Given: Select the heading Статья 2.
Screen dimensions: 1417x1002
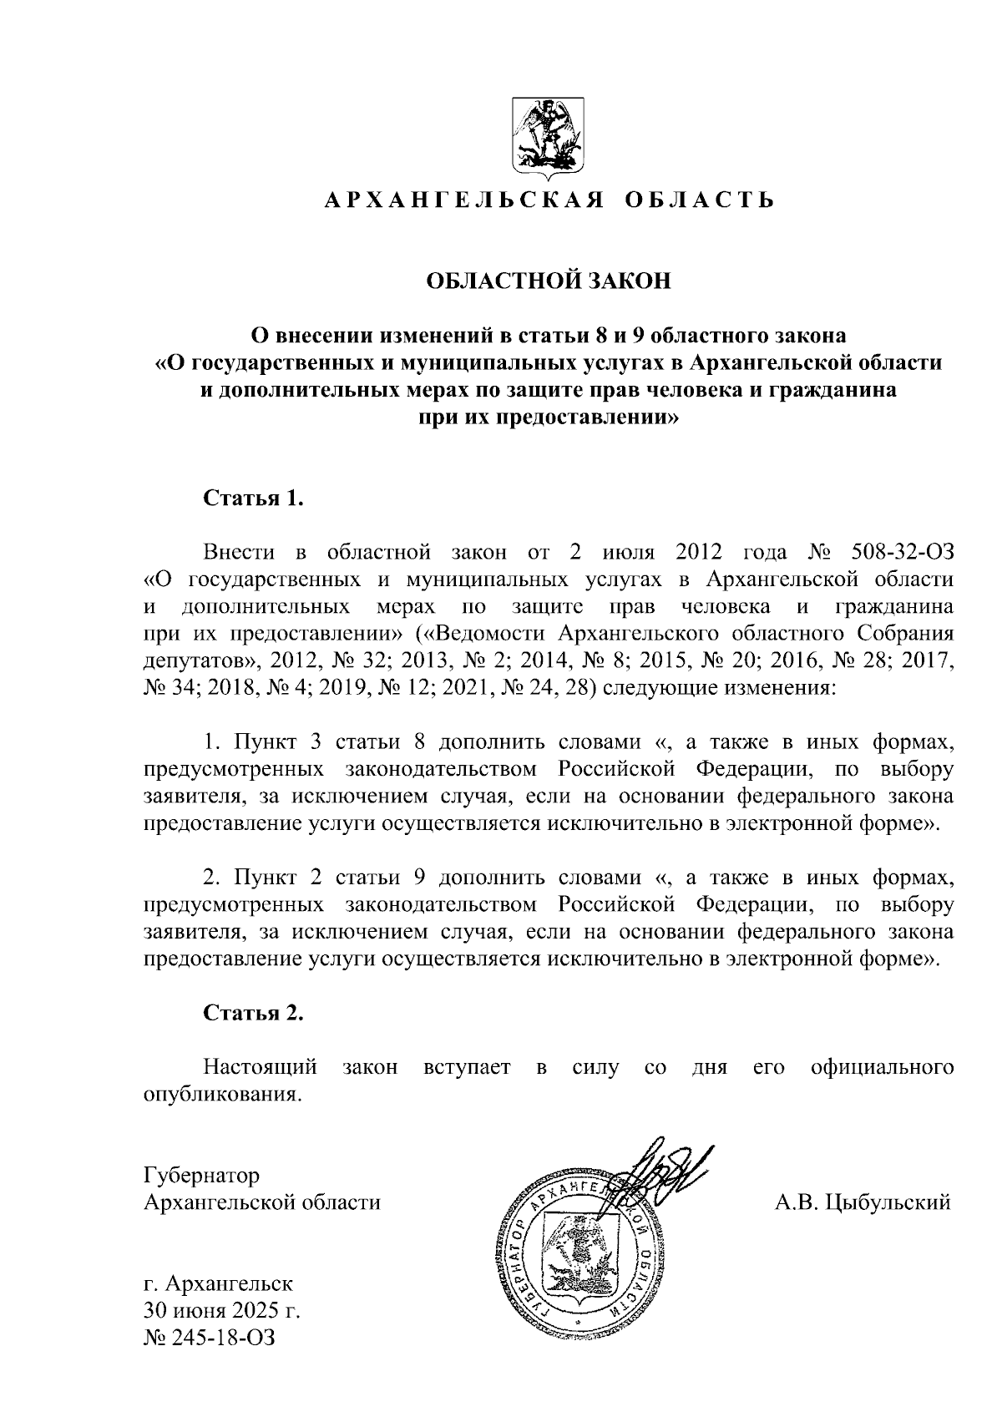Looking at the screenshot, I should pyautogui.click(x=253, y=1013).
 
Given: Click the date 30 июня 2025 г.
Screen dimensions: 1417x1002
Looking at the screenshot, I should pyautogui.click(x=221, y=1309).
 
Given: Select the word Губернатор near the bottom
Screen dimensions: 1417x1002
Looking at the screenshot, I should pyautogui.click(x=200, y=1176).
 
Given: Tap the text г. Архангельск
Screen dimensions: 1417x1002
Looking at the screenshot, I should pyautogui.click(x=217, y=1282).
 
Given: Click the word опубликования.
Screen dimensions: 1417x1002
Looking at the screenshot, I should pyautogui.click(x=220, y=1094).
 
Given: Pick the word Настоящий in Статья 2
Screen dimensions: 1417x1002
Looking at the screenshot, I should pyautogui.click(x=261, y=1067).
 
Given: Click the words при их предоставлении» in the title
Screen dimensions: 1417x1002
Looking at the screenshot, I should pyautogui.click(x=549, y=417).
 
